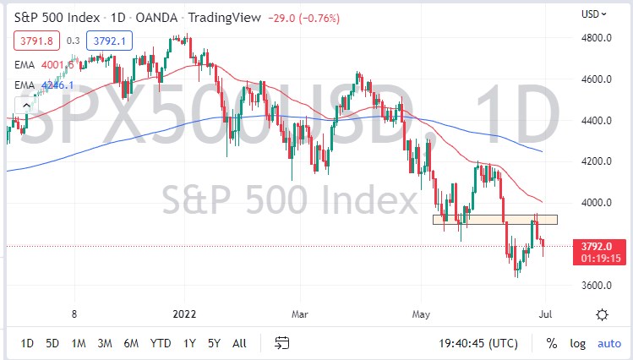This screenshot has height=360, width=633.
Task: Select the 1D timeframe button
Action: click(x=27, y=343)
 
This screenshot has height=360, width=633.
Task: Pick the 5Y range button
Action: click(x=214, y=343)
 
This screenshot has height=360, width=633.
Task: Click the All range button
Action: click(x=239, y=343)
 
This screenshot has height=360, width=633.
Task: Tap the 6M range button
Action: click(x=130, y=343)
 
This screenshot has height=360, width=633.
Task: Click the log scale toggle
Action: click(x=577, y=343)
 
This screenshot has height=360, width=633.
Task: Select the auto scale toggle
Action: click(x=608, y=343)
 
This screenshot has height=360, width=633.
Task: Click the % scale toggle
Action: click(x=551, y=343)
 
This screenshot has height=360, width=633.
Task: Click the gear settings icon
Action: click(x=602, y=314)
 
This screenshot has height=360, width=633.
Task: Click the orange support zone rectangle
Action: click(x=494, y=219)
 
